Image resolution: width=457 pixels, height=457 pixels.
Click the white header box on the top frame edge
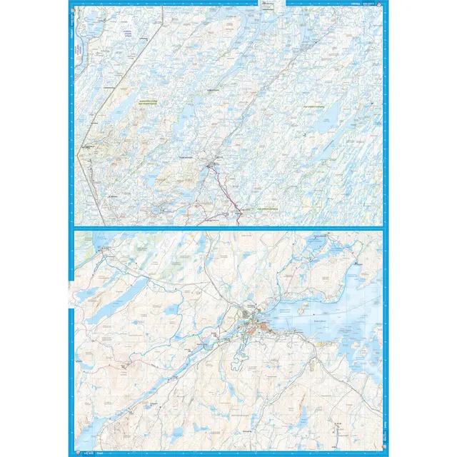coord(267,5)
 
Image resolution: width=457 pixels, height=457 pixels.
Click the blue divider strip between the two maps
coord(228,227)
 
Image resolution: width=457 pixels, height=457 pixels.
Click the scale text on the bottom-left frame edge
coord(89,452)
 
